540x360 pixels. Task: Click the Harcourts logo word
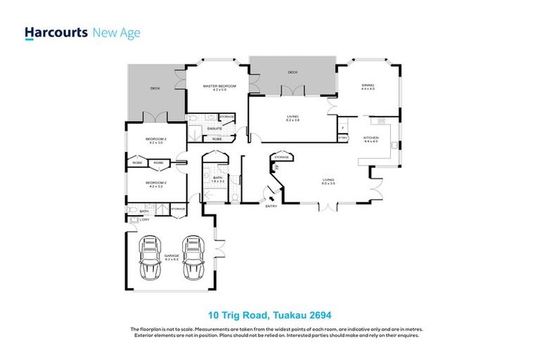click(x=56, y=32)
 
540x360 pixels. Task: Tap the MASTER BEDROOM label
click(x=219, y=86)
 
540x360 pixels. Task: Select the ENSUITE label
click(x=214, y=129)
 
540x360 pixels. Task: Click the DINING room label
click(x=368, y=86)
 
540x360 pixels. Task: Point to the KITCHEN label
click(x=371, y=138)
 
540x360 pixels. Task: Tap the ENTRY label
click(x=271, y=206)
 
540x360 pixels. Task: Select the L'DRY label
click(x=144, y=220)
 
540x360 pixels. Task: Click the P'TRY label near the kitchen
click(x=343, y=138)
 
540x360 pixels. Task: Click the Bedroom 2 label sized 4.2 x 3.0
click(x=155, y=140)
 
